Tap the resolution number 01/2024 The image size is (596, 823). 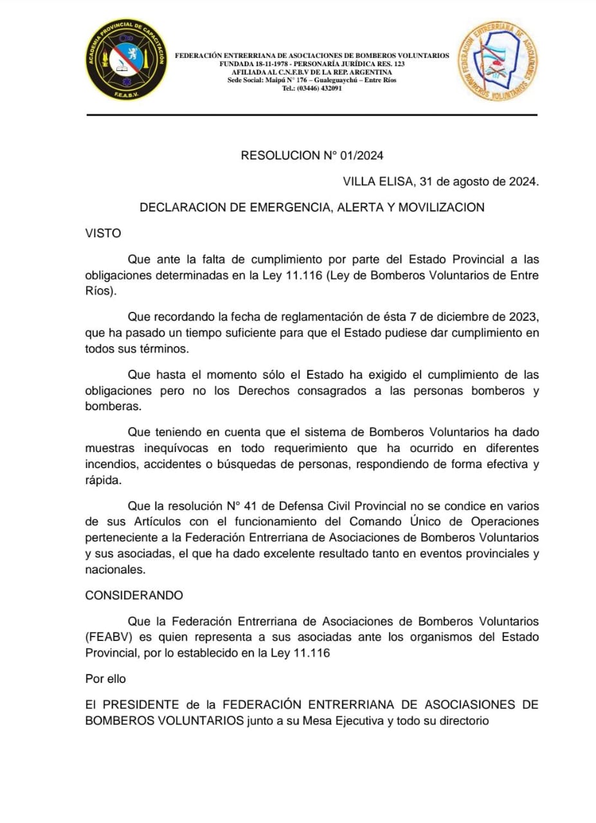(359, 155)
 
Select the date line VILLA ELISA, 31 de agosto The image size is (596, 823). (441, 181)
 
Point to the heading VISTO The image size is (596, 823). (103, 233)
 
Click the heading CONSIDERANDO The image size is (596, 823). (134, 595)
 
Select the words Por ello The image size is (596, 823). (106, 678)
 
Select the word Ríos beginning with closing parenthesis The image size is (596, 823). (102, 291)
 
